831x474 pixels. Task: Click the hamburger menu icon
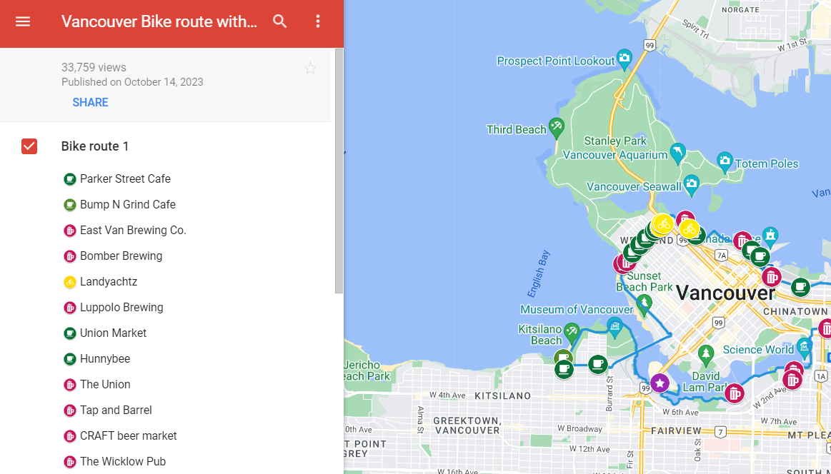[x=23, y=21]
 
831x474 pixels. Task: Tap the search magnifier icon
[x=280, y=21]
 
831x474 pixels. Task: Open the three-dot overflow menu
[x=319, y=21]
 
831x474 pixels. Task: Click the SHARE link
[x=90, y=102]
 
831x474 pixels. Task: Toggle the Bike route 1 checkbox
[x=29, y=146]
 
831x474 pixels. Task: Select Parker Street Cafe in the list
[x=125, y=178]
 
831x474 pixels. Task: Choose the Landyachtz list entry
[x=108, y=281]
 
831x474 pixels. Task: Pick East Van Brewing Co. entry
[x=133, y=230]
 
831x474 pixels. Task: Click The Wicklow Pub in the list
[x=122, y=461]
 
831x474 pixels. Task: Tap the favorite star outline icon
[x=310, y=69]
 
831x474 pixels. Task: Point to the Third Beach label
[x=516, y=129]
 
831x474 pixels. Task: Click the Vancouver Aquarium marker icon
[x=677, y=152]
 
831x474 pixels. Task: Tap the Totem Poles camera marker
[x=725, y=160]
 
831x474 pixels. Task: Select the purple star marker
[x=659, y=383]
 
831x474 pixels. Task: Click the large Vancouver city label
[x=725, y=293]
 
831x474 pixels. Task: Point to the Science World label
[x=758, y=349]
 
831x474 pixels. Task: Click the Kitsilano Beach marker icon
[x=571, y=331]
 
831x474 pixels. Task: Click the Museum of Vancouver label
[x=576, y=309]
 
